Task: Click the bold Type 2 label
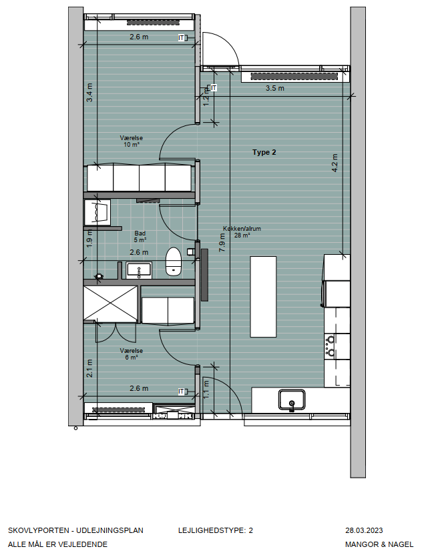tap(264, 152)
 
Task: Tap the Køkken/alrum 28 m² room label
tap(242, 231)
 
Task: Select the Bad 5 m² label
tap(140, 236)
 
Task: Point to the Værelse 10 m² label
tap(132, 141)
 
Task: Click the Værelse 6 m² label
tap(132, 354)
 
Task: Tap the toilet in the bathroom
tap(174, 261)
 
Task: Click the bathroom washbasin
tap(139, 270)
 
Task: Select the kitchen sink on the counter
tap(292, 400)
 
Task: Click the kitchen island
tap(263, 296)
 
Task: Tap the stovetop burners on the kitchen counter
tap(331, 346)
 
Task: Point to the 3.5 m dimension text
tap(274, 88)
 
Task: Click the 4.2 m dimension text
tap(335, 163)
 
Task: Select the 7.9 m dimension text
tap(222, 242)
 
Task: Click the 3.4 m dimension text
tap(90, 92)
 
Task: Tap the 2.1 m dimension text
tap(89, 368)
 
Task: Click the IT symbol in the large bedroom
tap(182, 37)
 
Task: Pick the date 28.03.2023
tap(364, 530)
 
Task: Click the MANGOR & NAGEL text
tap(379, 544)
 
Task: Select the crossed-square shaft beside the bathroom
tap(110, 304)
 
